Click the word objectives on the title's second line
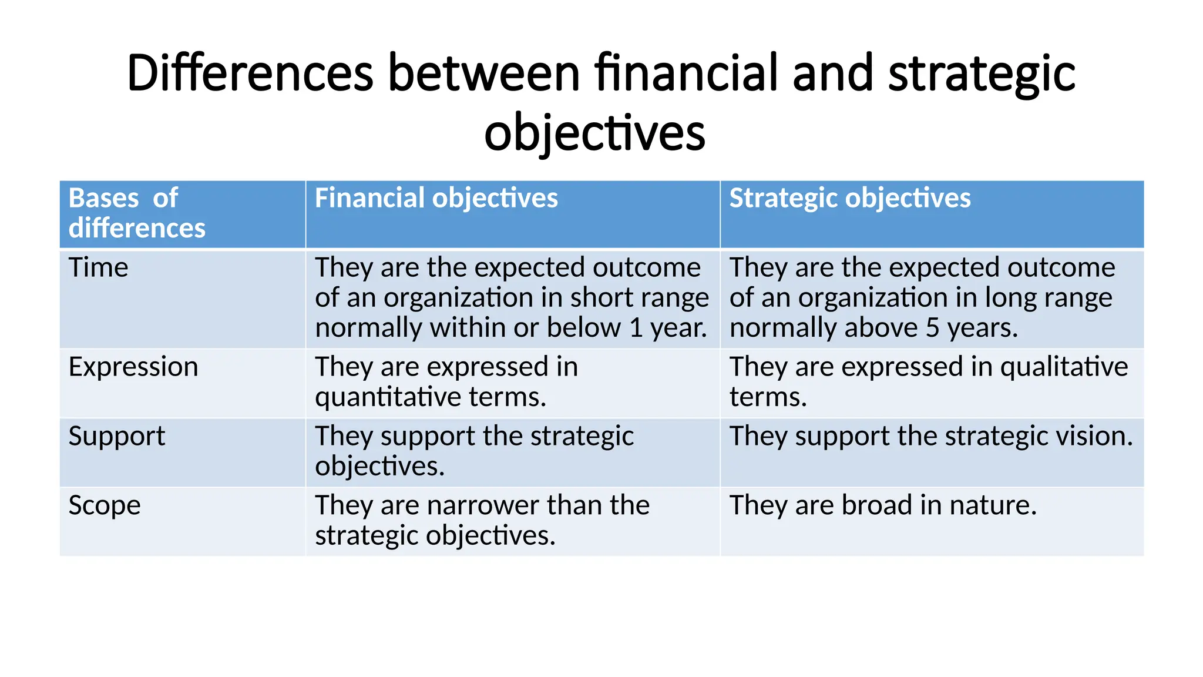594,133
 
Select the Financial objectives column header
436,198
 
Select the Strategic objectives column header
849,198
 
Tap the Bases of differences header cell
136,213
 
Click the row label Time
98,267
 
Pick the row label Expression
133,367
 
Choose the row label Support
116,437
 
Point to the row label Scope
105,506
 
